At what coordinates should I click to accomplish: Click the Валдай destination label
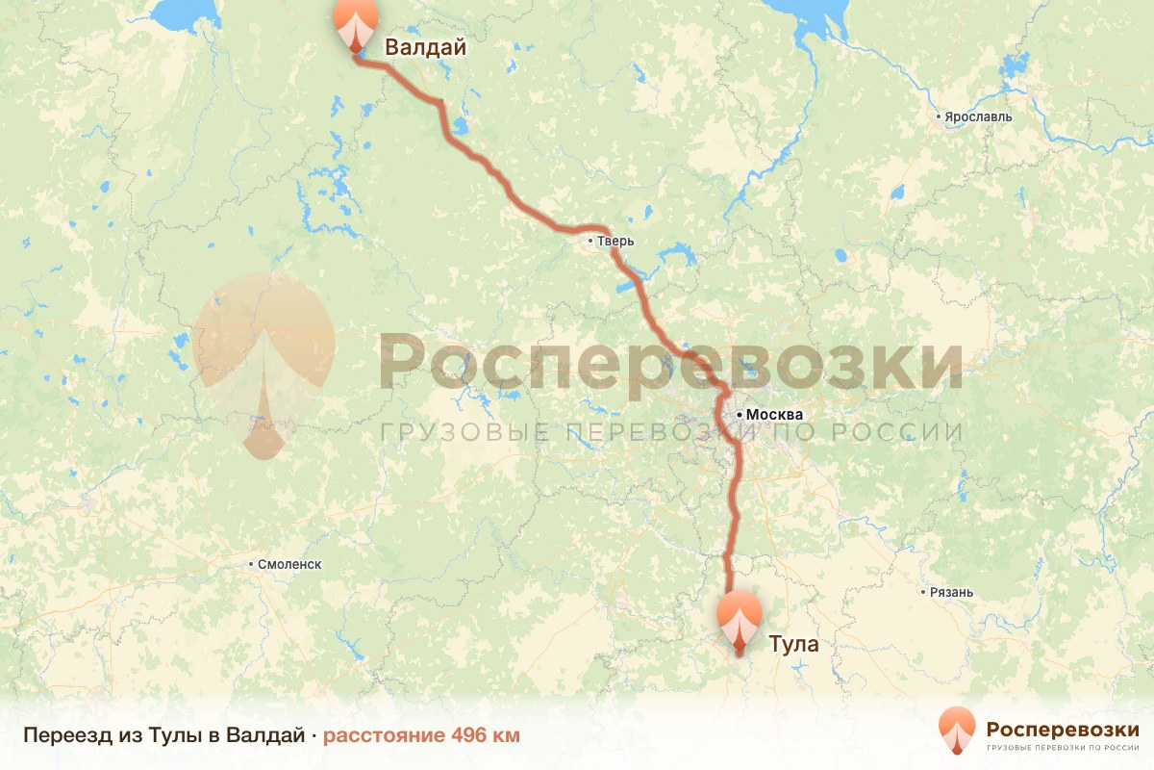coord(425,47)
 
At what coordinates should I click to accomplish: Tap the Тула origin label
coord(794,644)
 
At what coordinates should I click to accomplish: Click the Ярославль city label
coord(978,116)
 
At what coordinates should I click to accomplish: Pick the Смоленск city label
coord(288,565)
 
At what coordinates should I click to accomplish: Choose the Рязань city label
coord(951,592)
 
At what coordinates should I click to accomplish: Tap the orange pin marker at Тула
coord(740,619)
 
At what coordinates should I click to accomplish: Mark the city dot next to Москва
coord(739,415)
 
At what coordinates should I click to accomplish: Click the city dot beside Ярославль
coord(940,116)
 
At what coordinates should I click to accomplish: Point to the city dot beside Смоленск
coord(251,565)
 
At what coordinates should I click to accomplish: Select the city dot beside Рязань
coord(924,592)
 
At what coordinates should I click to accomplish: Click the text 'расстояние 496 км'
coord(421,735)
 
